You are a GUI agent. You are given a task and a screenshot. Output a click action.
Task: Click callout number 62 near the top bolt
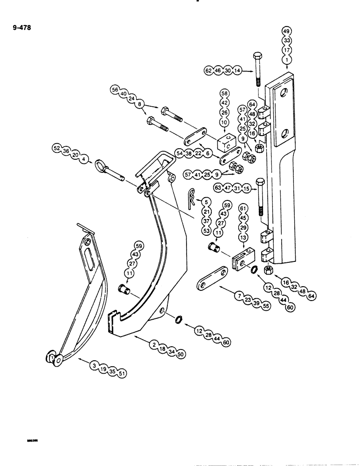click(208, 71)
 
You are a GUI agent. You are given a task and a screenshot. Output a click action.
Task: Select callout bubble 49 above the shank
click(286, 32)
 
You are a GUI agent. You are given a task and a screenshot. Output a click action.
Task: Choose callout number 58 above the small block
click(223, 99)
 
